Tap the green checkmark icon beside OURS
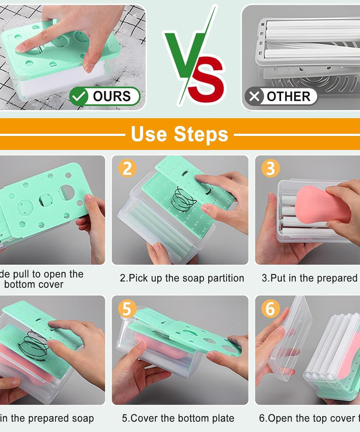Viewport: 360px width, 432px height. (79, 96)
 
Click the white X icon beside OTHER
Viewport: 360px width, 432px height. (254, 96)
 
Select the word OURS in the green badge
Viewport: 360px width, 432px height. (112, 96)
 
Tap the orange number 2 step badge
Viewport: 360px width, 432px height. (127, 168)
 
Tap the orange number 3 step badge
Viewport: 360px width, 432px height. (270, 168)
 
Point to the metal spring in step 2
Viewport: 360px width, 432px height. (184, 199)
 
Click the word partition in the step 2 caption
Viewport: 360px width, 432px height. (226, 278)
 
